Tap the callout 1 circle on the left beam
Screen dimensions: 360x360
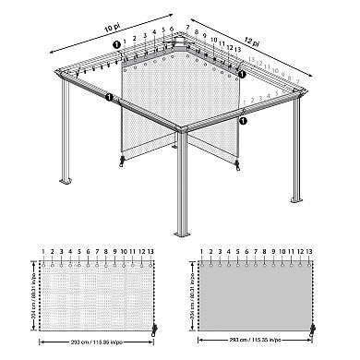click(110, 96)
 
